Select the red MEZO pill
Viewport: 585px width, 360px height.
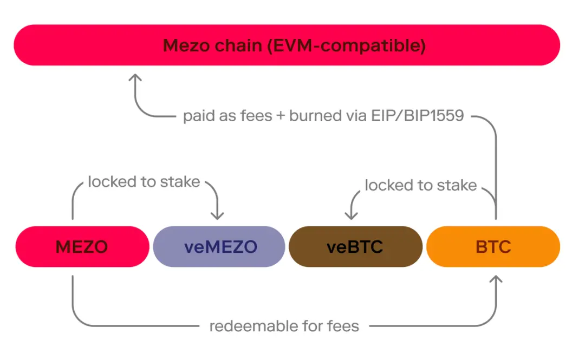(x=82, y=247)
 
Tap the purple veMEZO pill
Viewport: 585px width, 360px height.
(x=219, y=247)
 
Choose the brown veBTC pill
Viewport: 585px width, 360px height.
(x=355, y=247)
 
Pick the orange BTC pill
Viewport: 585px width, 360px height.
(x=493, y=247)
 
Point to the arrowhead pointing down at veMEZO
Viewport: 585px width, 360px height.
(x=217, y=215)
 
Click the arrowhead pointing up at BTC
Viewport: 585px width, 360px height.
(x=496, y=280)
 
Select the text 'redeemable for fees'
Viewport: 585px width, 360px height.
(x=284, y=326)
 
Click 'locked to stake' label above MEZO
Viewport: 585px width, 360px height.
(x=144, y=182)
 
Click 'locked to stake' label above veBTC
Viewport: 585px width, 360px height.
(x=420, y=186)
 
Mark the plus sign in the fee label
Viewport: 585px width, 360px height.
(x=280, y=116)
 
